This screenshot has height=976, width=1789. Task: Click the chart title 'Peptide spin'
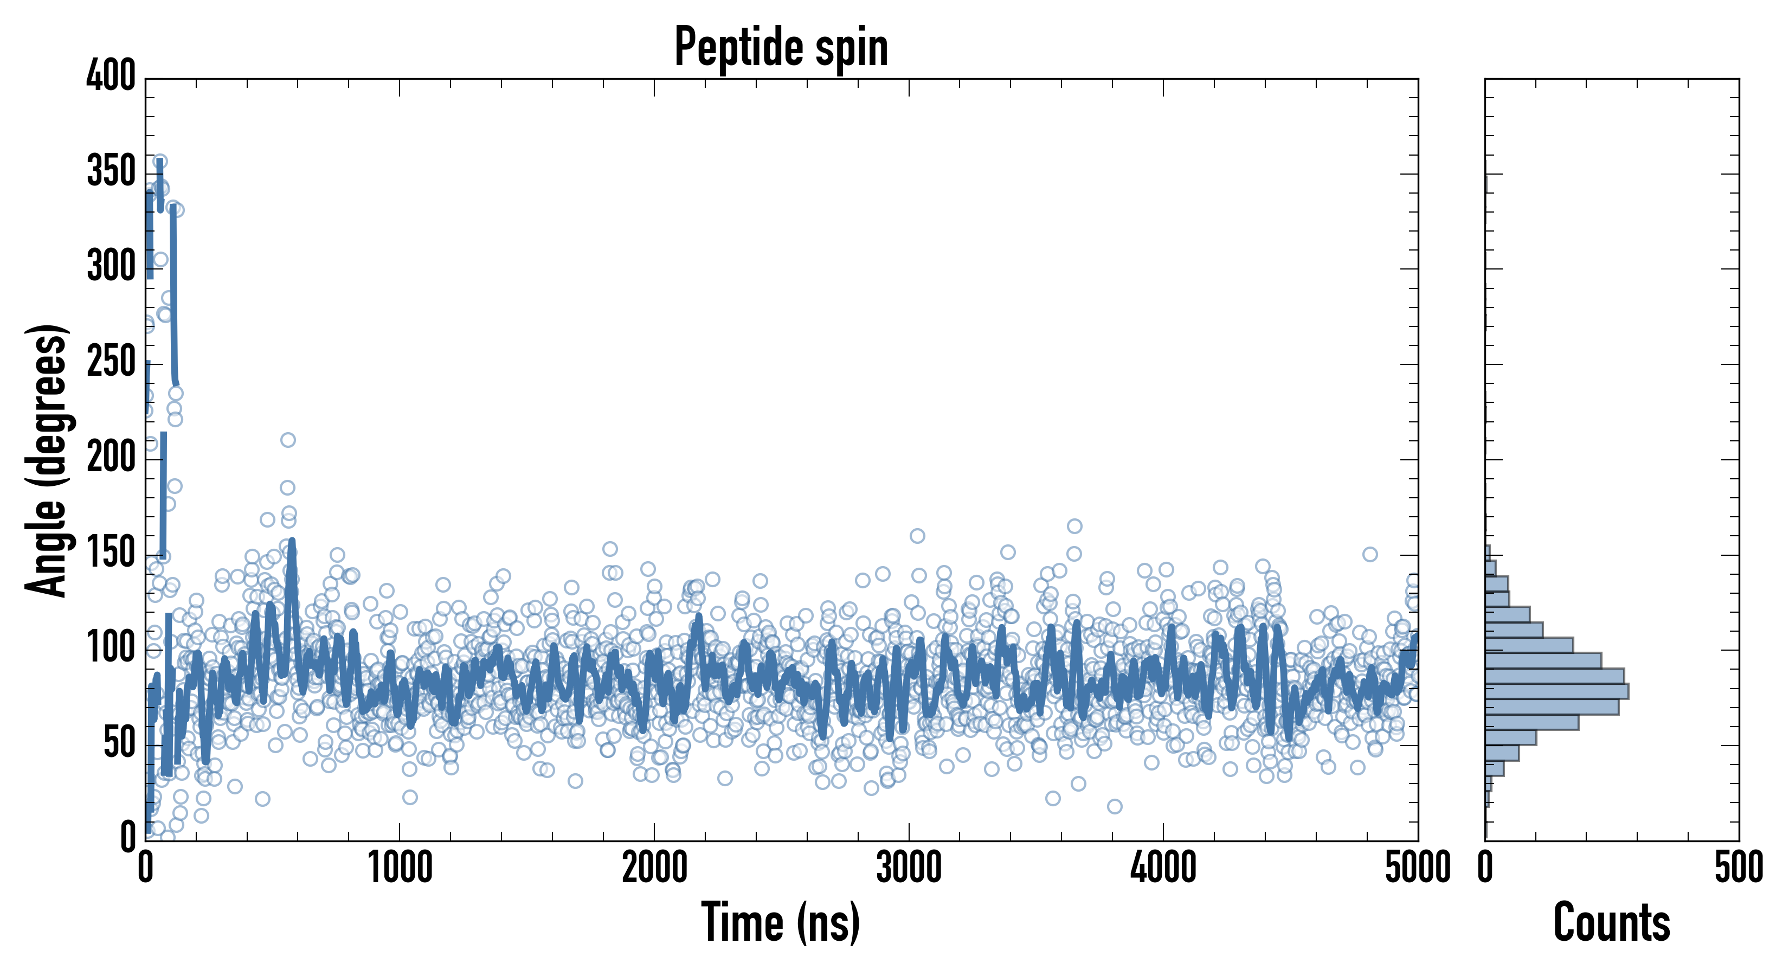781,47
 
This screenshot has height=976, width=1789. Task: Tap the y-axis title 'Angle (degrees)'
47,460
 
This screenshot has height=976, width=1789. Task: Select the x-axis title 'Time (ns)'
781,922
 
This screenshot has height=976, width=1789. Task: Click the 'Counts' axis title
1611,922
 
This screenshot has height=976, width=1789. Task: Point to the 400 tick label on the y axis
111,75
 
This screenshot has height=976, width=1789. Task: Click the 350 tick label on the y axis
111,171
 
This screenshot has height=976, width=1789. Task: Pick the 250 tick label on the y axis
111,362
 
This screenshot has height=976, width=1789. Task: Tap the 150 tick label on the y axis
111,553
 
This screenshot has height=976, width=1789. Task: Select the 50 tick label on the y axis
119,743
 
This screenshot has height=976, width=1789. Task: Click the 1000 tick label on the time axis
400,868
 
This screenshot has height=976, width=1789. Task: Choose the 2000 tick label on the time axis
654,868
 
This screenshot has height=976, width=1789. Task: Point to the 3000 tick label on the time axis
909,868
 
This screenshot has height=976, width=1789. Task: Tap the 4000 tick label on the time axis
1163,868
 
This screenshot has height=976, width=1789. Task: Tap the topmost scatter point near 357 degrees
160,161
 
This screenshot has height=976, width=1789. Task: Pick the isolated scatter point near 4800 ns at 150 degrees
1369,554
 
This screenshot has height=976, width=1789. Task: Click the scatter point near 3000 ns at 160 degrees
917,536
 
